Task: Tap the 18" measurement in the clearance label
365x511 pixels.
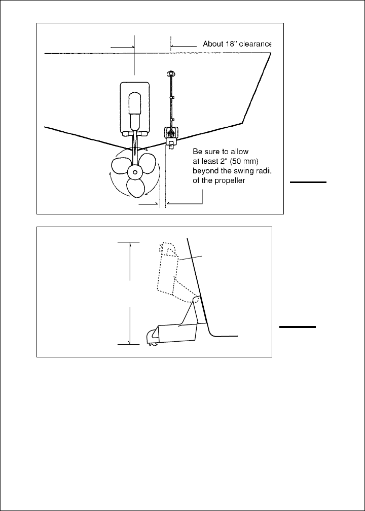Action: [228, 44]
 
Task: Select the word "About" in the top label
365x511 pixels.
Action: [212, 44]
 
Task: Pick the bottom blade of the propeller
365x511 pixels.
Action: [136, 189]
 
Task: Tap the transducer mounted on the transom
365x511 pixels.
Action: [171, 135]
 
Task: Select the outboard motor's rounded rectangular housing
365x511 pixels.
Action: [134, 107]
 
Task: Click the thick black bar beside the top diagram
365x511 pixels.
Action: [308, 181]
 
